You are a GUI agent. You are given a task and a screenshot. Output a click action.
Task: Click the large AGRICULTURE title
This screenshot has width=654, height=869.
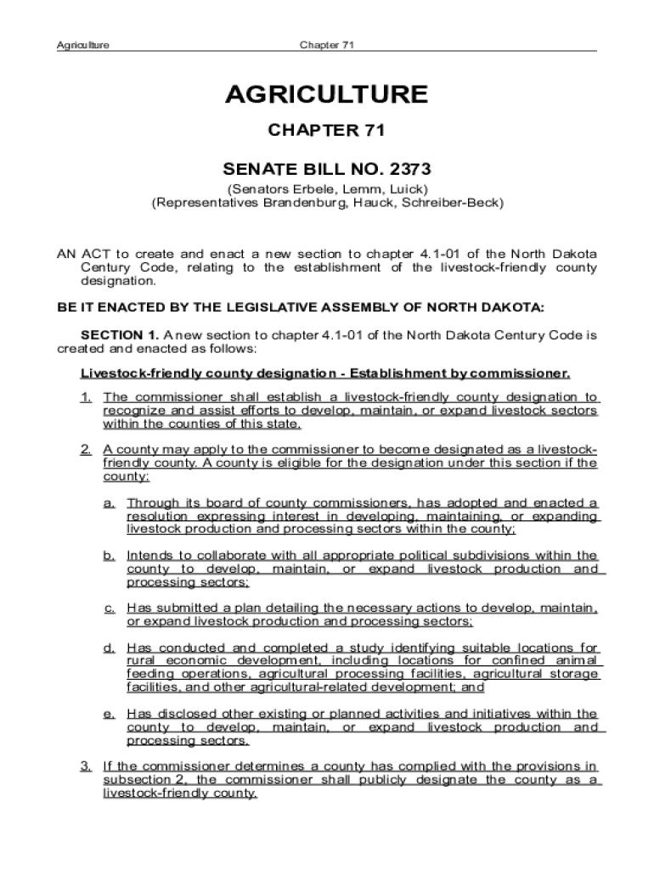pos(326,94)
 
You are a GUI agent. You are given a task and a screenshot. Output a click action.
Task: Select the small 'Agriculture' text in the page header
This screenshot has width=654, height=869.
pos(82,45)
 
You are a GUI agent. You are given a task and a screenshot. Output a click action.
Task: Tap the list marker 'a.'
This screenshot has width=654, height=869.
pos(110,503)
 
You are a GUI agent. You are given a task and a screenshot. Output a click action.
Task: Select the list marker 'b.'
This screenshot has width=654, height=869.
pos(110,556)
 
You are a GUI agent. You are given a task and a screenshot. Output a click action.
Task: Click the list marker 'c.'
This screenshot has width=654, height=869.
pos(110,608)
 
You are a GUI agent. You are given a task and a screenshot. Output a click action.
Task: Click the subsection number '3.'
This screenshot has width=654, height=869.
pos(87,767)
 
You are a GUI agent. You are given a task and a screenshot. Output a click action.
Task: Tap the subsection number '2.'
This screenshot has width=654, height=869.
pos(87,450)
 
